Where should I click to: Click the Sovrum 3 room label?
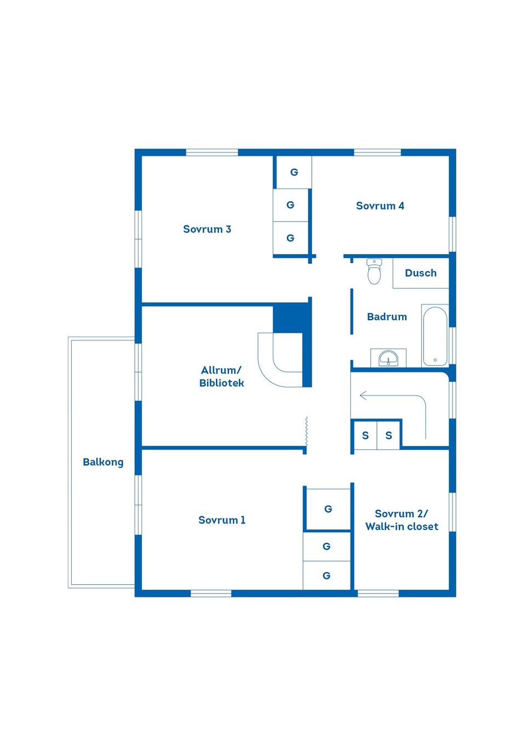[207, 229]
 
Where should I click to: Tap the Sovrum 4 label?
[380, 206]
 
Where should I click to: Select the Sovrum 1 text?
[222, 520]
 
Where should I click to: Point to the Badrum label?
[387, 317]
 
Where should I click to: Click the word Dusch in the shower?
[420, 273]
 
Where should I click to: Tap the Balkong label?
[103, 462]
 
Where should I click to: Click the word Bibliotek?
[221, 383]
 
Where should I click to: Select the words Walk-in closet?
[402, 527]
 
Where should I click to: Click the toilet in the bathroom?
[374, 272]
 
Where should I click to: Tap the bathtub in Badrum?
[435, 336]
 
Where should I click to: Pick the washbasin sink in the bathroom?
[388, 358]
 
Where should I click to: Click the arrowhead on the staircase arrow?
[363, 396]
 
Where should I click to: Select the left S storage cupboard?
[365, 436]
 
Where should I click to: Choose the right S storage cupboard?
[388, 436]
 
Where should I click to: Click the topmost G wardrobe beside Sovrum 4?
[294, 172]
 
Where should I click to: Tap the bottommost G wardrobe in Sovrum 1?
[327, 575]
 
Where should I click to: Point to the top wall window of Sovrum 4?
[378, 153]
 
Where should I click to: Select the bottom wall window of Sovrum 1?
[211, 594]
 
